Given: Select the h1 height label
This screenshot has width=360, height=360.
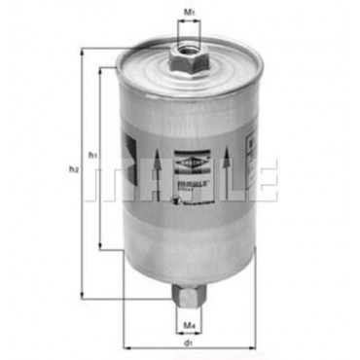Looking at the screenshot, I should coord(92,157).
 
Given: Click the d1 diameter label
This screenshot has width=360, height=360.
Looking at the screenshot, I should coord(190,345).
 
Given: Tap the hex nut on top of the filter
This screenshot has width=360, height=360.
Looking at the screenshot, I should coord(186,60).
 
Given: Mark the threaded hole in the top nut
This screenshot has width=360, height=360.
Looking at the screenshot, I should coord(187,45).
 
